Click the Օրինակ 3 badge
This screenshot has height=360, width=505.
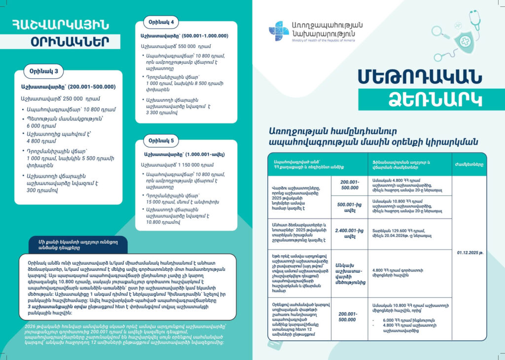pyautogui.click(x=43, y=72)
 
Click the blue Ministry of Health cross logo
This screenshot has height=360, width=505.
pyautogui.click(x=279, y=31)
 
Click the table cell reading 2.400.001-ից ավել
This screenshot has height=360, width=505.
pyautogui.click(x=350, y=234)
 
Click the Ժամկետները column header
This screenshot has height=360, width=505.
pyautogui.click(x=469, y=164)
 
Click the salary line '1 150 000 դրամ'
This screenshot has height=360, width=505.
pyautogui.click(x=179, y=164)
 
